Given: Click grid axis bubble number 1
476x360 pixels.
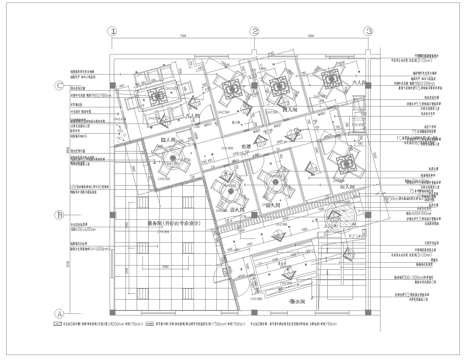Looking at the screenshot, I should click(x=113, y=31).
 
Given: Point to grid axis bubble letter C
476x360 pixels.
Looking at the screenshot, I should click(x=59, y=86).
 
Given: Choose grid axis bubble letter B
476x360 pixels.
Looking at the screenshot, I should click(x=59, y=214).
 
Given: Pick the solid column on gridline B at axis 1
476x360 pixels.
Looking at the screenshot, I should click(x=113, y=214).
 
